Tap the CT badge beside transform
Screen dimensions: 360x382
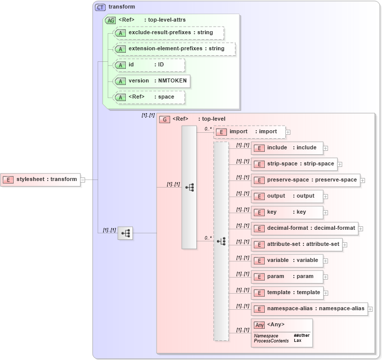[x=100, y=8]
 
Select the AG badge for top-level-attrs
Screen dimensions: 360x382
[x=110, y=21]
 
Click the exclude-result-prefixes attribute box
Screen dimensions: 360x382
[x=169, y=33]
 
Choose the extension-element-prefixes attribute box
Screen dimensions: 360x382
[x=174, y=49]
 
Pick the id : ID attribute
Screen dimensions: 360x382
[x=149, y=65]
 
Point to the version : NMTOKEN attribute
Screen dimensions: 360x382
[x=152, y=81]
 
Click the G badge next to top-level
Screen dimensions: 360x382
[x=164, y=120]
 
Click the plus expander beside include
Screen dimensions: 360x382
[x=326, y=148]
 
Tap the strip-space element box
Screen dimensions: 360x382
[x=294, y=164]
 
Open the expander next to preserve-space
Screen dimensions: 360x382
[x=362, y=181]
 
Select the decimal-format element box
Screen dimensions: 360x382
[x=304, y=228]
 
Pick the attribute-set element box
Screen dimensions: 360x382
[x=298, y=244]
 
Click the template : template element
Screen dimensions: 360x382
[x=287, y=293]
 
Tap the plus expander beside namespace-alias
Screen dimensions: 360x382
[x=370, y=309]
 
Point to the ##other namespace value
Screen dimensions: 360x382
[x=301, y=335]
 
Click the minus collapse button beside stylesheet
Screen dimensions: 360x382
[x=83, y=179]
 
